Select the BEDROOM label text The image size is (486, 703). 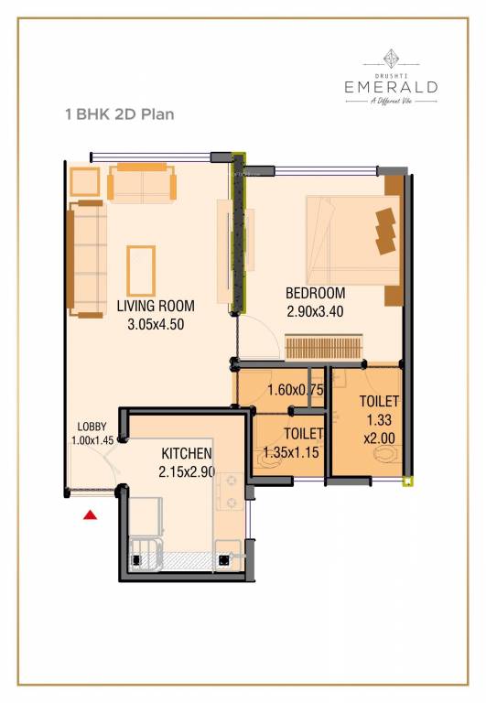[x=315, y=293]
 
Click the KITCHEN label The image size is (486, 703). [x=187, y=453]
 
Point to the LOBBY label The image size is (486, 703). [x=92, y=426]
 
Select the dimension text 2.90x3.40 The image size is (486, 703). [x=315, y=310]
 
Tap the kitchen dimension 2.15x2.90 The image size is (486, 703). [x=187, y=471]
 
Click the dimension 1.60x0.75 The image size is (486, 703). [x=297, y=390]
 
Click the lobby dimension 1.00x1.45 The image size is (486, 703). [x=92, y=439]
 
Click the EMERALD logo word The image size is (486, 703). [x=391, y=86]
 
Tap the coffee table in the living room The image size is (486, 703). [x=142, y=270]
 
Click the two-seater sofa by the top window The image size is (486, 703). [x=143, y=182]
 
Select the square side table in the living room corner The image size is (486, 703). [x=84, y=181]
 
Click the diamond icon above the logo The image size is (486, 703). [x=391, y=55]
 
